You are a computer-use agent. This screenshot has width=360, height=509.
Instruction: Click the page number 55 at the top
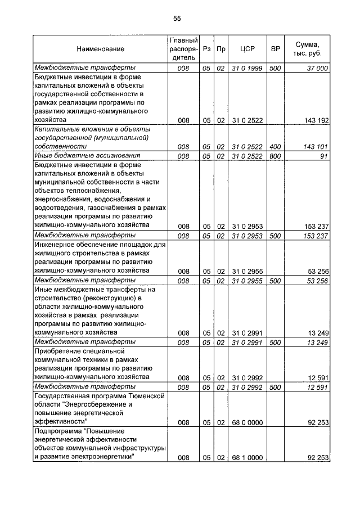pos(177,19)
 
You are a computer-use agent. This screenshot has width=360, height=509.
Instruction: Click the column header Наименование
pos(101,49)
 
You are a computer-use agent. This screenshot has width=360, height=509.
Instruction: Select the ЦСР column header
pos(247,49)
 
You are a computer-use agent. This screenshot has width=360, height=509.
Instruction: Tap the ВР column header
pos(276,49)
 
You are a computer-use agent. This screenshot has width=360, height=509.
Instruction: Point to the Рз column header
pos(207,49)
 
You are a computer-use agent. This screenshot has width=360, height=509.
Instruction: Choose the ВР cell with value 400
pos(275,146)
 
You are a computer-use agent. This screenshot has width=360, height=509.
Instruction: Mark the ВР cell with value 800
pos(275,155)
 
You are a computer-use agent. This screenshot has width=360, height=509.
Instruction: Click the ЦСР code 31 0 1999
pos(247,67)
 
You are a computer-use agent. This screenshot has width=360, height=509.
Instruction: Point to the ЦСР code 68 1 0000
pos(247,458)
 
